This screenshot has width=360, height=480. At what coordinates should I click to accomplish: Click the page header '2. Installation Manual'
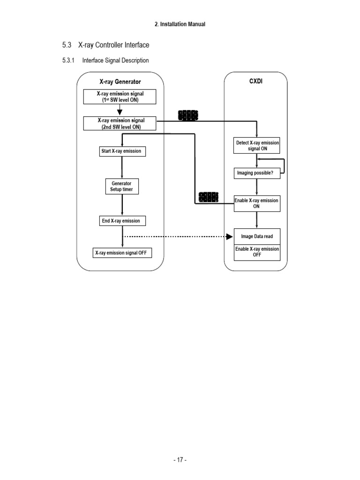click(x=180, y=24)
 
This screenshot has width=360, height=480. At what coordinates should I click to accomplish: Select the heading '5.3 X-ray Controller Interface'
click(x=105, y=45)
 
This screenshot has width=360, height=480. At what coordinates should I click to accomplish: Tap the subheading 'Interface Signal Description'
click(x=115, y=60)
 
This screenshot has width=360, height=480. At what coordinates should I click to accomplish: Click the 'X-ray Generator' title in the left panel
click(x=120, y=82)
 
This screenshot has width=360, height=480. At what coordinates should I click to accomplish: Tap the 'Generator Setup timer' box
click(x=121, y=187)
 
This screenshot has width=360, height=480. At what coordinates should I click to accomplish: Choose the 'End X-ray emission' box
click(x=120, y=221)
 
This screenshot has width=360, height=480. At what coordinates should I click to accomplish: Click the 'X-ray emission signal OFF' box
click(x=122, y=253)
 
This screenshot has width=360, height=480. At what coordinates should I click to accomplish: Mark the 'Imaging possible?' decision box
click(x=256, y=173)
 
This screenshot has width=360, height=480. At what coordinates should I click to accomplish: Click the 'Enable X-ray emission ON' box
click(x=257, y=203)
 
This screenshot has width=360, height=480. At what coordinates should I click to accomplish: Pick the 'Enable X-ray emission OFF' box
click(x=257, y=252)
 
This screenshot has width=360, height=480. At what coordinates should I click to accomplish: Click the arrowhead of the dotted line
click(x=230, y=237)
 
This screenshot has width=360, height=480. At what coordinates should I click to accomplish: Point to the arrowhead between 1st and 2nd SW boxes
click(x=120, y=112)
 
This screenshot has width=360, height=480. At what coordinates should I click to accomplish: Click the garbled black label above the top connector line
click(x=188, y=115)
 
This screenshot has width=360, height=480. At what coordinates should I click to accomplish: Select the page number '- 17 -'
click(x=180, y=460)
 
